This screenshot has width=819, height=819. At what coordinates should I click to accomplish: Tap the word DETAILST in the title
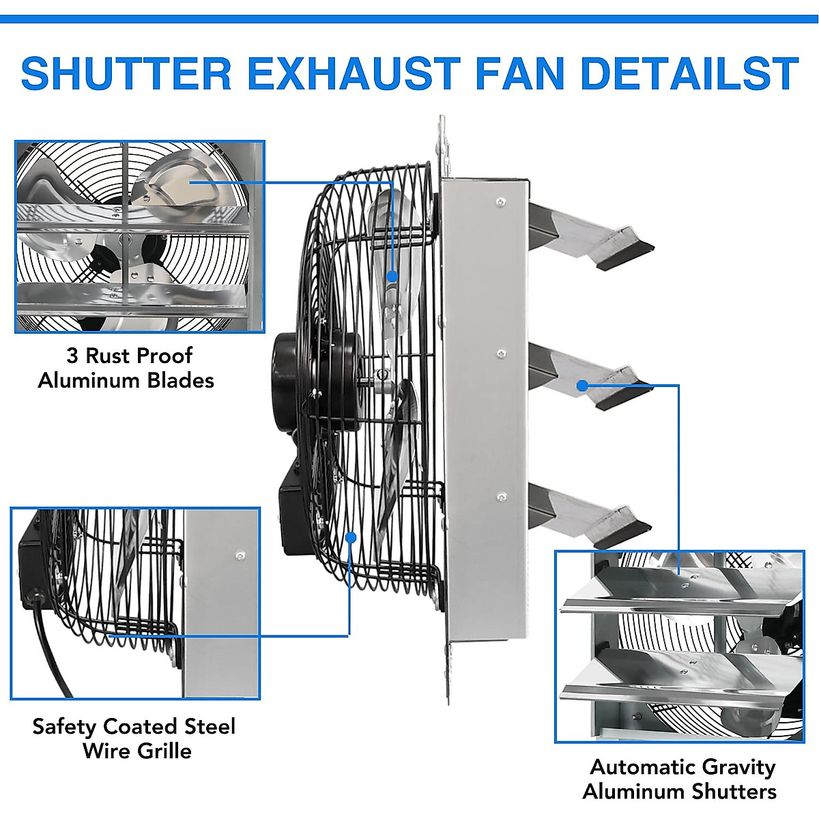pos(689,74)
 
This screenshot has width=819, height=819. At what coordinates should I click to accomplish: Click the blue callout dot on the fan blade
pos(392,276)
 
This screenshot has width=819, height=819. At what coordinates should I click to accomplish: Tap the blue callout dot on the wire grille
pos(351,536)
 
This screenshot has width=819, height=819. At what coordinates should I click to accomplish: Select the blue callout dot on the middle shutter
pos(581,386)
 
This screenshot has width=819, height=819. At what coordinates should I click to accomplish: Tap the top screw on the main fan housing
pos(500,201)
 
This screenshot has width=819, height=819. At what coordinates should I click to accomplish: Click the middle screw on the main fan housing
pos(502,354)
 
